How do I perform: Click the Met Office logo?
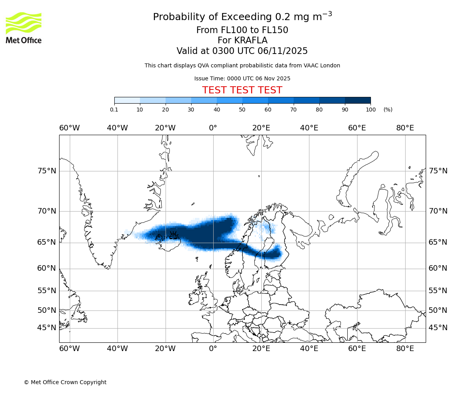pos(24,28)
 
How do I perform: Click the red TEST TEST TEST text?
pos(242,90)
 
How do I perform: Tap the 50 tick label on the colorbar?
pos(242,110)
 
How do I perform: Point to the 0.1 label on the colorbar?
pos(114,110)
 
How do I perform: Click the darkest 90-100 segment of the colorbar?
pos(358,100)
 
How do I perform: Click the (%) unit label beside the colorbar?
pos(388,110)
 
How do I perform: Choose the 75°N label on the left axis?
pos(47,171)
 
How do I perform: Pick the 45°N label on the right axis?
pos(438,328)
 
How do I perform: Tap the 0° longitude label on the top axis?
pos(213,128)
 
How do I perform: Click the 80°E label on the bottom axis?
pos(405,349)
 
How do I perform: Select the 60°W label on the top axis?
pos(69,128)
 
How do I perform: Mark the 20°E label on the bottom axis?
pos(261,349)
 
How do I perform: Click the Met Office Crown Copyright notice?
pos(65,382)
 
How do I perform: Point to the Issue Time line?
pos(242,78)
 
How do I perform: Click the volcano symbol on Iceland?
pos(173,236)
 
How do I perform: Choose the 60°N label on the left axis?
pos(47,268)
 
